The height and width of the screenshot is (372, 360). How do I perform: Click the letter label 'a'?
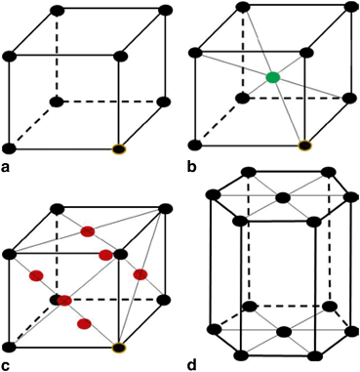point(8,168)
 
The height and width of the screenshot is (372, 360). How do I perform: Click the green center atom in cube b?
point(273,77)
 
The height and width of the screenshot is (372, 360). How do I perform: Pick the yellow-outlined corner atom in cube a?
point(119,148)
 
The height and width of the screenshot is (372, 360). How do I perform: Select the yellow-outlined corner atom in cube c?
point(119,347)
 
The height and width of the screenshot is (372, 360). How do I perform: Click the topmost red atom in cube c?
point(88,231)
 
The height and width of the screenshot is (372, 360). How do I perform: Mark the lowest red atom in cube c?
point(85,323)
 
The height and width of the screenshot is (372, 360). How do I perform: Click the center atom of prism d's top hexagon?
point(283,198)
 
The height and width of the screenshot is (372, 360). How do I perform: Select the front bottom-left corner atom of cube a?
point(10,148)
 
